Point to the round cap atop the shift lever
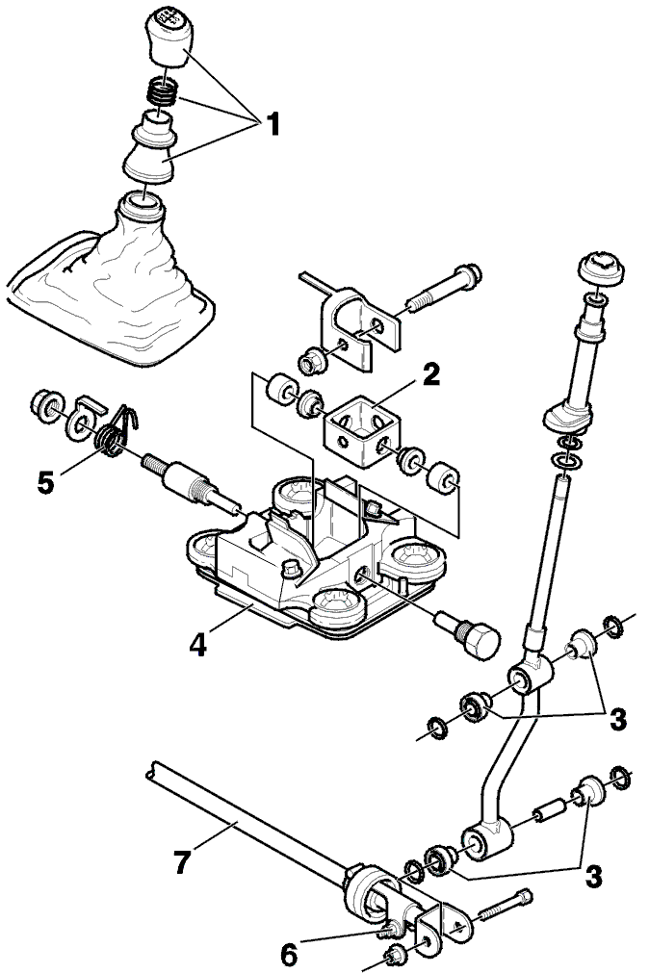tap(601, 269)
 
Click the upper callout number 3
tap(617, 719)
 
